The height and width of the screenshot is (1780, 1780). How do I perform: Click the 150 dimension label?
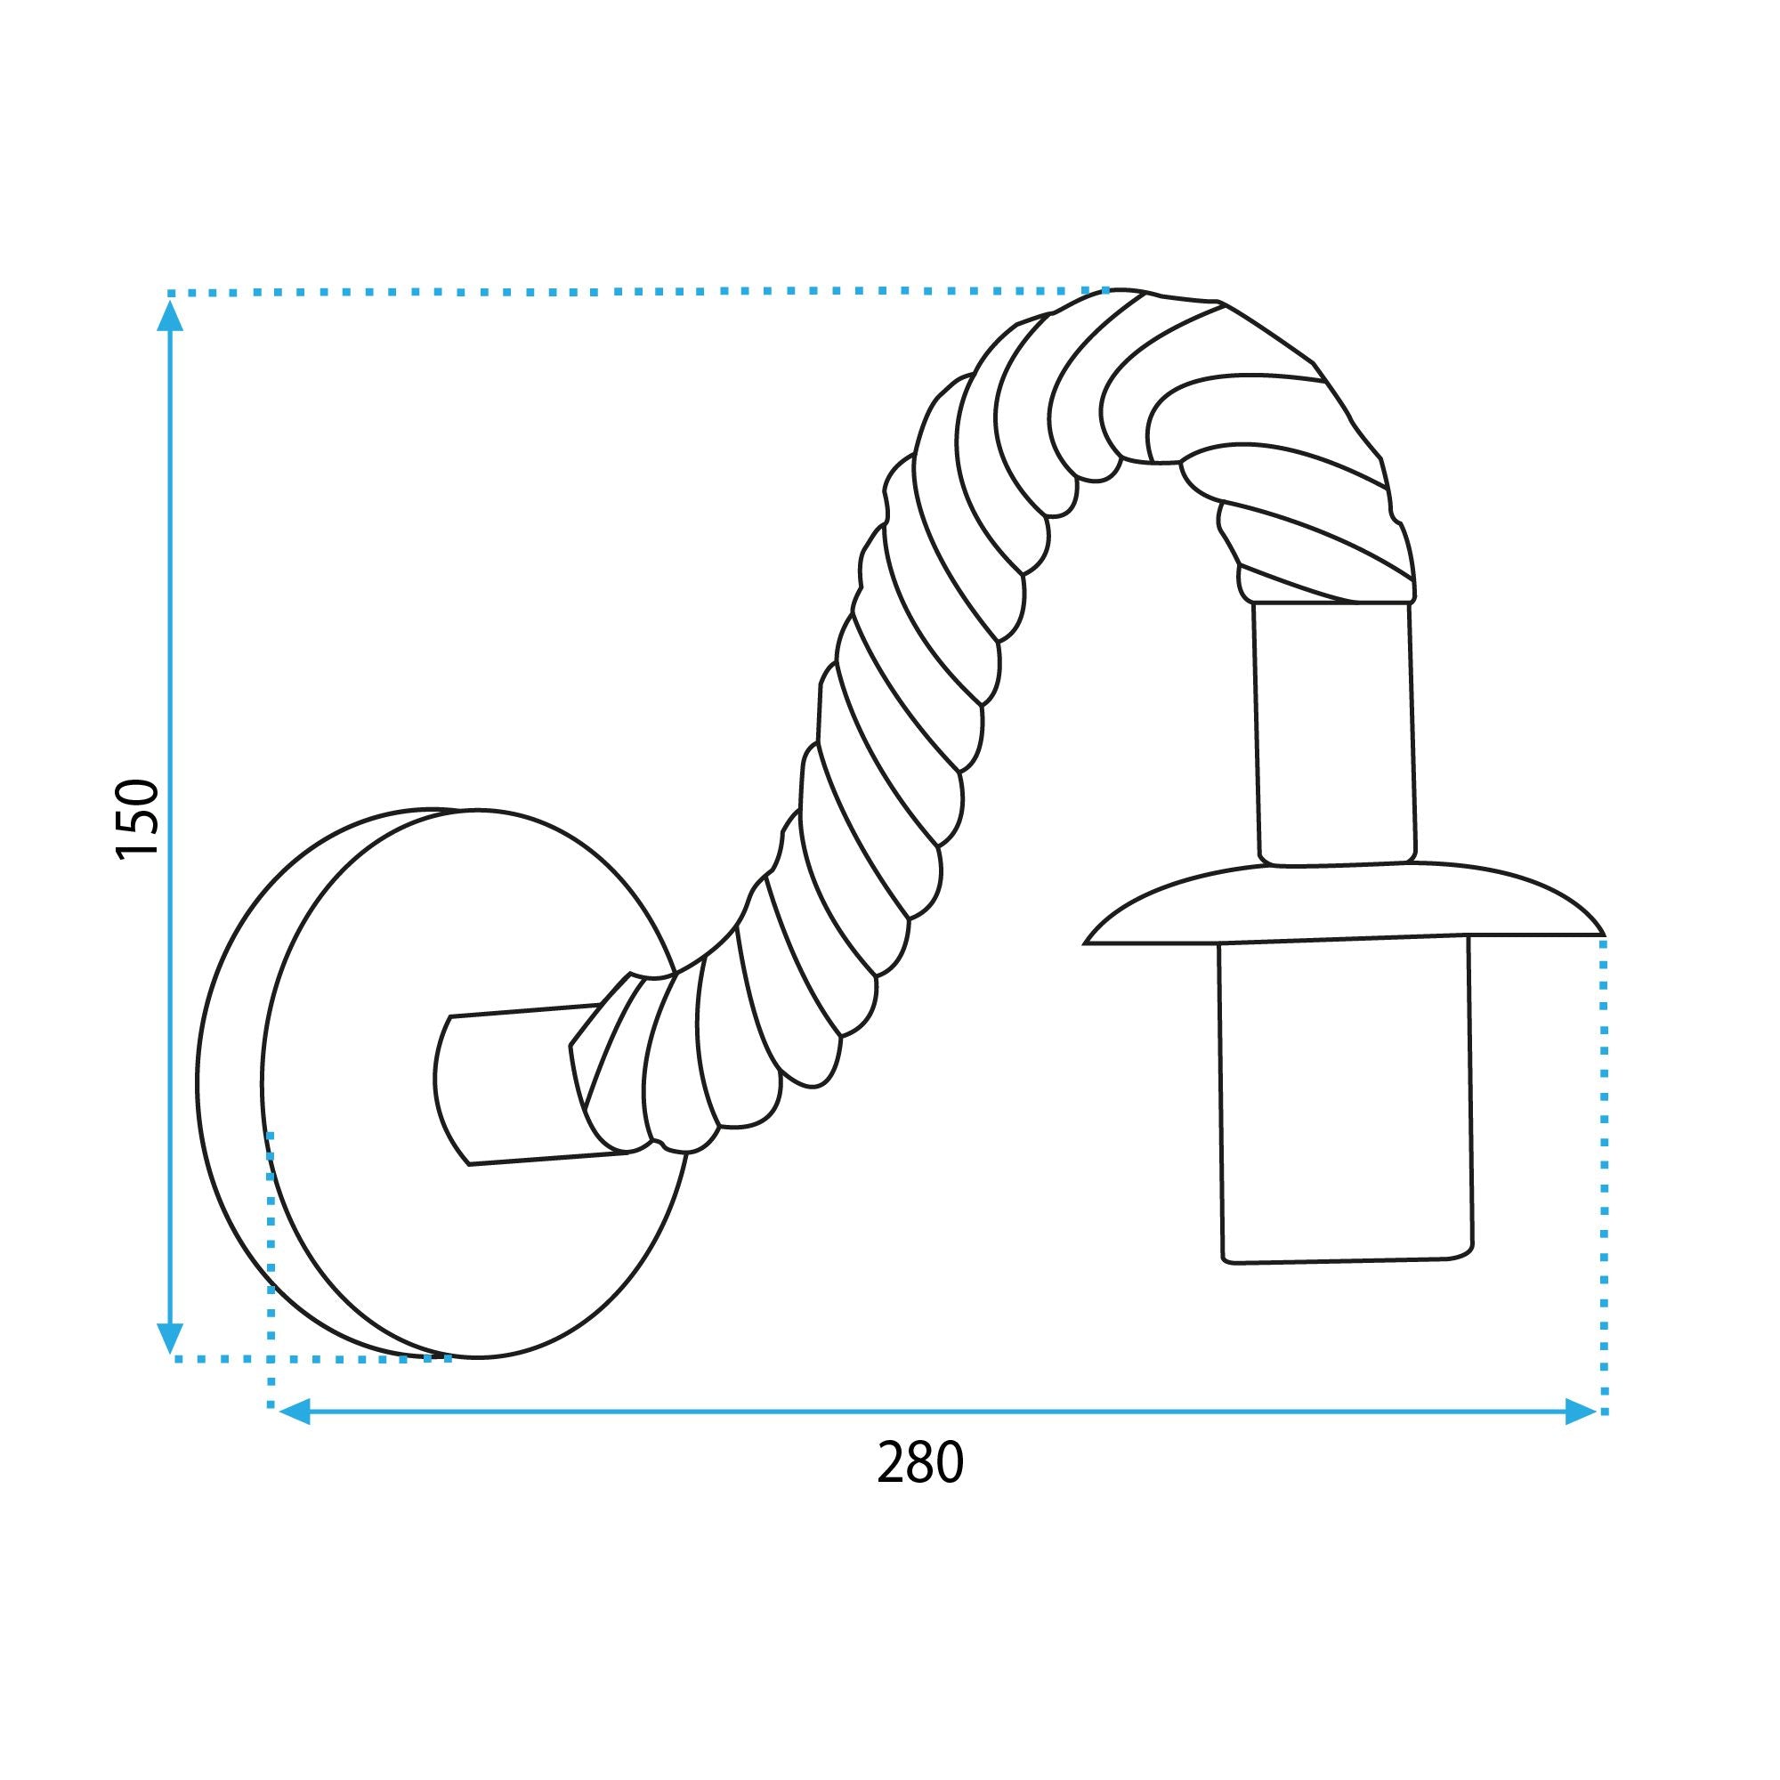139,819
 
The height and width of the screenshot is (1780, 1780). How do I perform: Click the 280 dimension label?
919,1461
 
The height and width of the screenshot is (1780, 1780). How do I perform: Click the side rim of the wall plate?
231,1088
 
